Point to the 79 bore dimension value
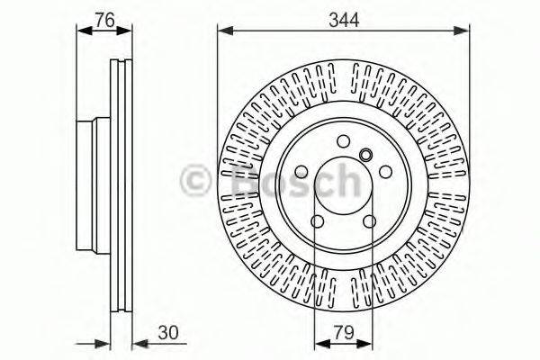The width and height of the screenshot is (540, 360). coord(342,331)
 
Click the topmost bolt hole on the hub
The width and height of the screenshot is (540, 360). coord(343,140)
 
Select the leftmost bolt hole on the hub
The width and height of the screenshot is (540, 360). coord(300,173)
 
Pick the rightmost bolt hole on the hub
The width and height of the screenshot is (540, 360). coord(385,173)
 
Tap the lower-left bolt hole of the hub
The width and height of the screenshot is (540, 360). coord(317,223)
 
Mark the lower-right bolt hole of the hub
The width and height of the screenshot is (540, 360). coord(369,223)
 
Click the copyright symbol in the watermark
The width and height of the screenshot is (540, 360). coord(195,180)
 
